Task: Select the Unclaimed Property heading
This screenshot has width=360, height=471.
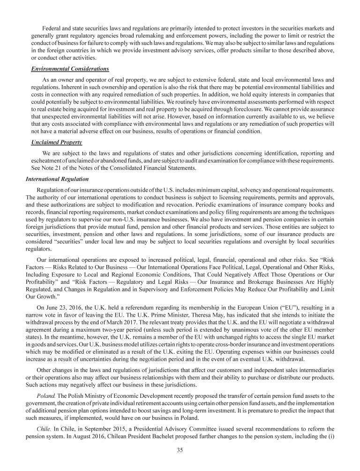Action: point(46,129)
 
